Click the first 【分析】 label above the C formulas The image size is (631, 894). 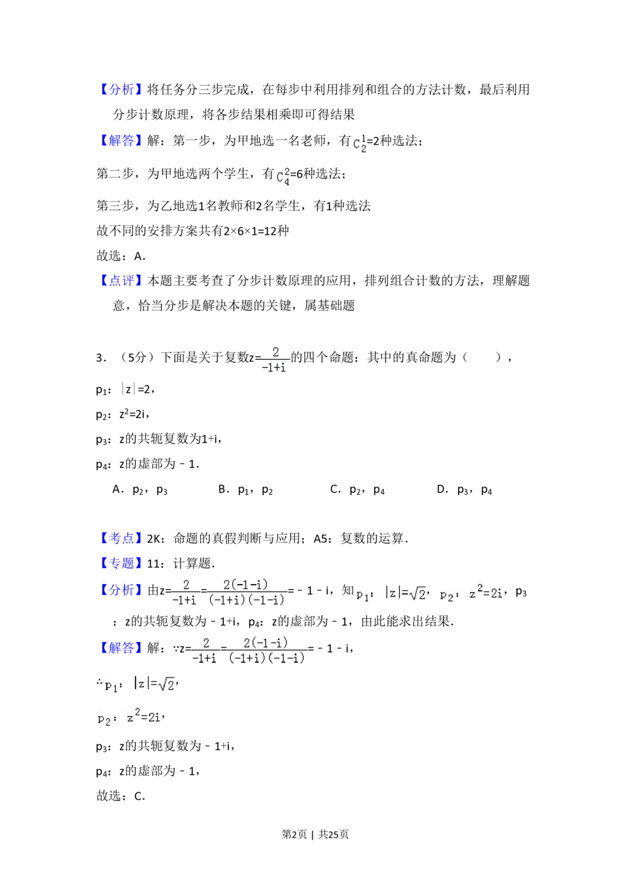pyautogui.click(x=121, y=89)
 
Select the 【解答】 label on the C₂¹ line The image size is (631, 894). pyautogui.click(x=121, y=140)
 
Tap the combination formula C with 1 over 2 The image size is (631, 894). pyautogui.click(x=358, y=144)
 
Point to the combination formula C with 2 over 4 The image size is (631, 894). pyautogui.click(x=283, y=177)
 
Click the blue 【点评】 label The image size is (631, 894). pyautogui.click(x=121, y=280)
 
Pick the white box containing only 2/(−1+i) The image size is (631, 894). pyautogui.click(x=275, y=359)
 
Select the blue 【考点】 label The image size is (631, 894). pyautogui.click(x=121, y=538)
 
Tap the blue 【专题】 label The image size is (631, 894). pyautogui.click(x=121, y=563)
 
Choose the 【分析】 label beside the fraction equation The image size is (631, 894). pyautogui.click(x=121, y=590)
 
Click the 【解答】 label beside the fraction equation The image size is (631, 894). pyautogui.click(x=121, y=648)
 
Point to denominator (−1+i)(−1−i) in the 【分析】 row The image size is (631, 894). pyautogui.click(x=247, y=600)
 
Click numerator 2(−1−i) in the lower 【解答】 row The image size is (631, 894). pyautogui.click(x=266, y=643)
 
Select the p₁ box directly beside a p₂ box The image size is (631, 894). pyautogui.click(x=391, y=593)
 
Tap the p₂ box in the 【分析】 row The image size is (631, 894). pyautogui.click(x=469, y=593)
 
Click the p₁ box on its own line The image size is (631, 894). pyautogui.click(x=138, y=684)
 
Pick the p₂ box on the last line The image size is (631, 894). pyautogui.click(x=126, y=717)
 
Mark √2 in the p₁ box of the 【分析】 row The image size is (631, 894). pyautogui.click(x=418, y=594)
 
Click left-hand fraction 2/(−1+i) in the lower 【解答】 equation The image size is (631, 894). pyautogui.click(x=205, y=650)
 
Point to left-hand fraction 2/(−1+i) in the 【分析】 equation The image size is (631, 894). pyautogui.click(x=185, y=593)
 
